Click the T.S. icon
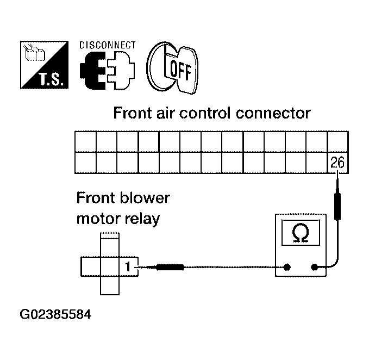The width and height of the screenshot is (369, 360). coord(44,65)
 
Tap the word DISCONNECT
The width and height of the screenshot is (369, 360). coord(108,45)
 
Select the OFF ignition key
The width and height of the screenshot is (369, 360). coord(172,68)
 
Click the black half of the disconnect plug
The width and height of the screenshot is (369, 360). coord(92,70)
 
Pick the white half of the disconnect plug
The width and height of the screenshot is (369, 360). coord(121,70)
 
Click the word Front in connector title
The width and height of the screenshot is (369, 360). coord(133,113)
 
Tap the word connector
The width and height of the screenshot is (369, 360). coord(273,114)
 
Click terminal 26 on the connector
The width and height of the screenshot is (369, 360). coord(337,163)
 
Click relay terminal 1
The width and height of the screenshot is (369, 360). coord(128,267)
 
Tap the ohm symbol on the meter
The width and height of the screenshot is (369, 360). coord(301,233)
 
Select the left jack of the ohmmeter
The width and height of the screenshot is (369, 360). coord(286,267)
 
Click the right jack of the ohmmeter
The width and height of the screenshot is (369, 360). coord(314,267)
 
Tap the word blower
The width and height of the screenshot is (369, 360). coord(145,198)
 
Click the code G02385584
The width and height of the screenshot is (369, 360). coord(55,314)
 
